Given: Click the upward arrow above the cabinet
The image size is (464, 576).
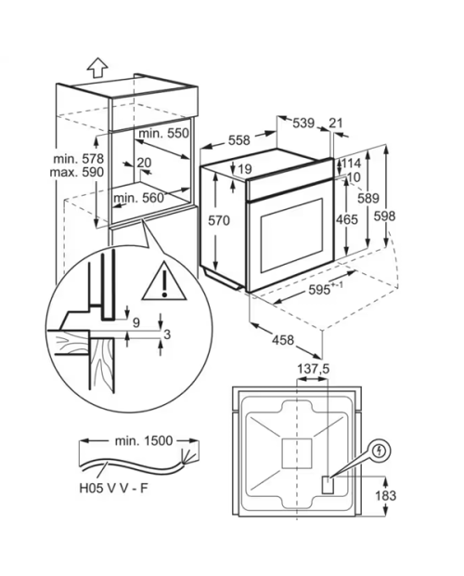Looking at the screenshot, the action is (97, 68).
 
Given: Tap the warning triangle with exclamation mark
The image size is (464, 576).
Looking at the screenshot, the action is (164, 281).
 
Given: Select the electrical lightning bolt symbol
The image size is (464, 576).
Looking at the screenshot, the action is (380, 451).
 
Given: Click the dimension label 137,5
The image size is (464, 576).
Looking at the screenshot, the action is (313, 369).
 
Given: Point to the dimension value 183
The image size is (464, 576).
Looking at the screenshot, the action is (385, 495).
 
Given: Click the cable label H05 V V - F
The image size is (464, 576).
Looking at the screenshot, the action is (113, 488).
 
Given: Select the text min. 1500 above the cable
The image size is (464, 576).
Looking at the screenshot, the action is (144, 440).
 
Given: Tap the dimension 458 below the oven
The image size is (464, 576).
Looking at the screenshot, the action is (283, 340).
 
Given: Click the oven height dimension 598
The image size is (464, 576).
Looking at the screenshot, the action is (384, 216).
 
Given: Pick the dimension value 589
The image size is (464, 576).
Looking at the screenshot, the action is (367, 198).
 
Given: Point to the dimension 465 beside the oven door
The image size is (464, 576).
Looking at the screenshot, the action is (347, 219).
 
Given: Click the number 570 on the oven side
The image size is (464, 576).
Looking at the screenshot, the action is (219, 220).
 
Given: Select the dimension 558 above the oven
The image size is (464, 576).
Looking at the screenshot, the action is (238, 140).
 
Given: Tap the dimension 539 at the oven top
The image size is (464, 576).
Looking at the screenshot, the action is (303, 123).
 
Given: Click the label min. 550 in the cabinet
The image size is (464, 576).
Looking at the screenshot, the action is (163, 133).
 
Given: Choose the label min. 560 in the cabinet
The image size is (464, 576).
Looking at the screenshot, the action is (138, 198).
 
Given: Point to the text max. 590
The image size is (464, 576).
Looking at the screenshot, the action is (77, 172).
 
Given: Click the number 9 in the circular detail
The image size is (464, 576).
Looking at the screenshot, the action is (136, 323).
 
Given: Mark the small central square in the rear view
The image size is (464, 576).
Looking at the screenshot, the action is (296, 453).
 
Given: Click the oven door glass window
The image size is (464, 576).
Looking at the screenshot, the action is (291, 235).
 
